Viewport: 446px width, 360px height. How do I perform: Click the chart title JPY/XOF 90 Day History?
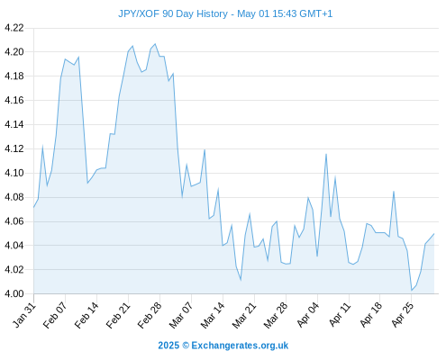[x=173, y=13]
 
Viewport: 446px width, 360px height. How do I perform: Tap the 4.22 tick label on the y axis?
[x=14, y=28]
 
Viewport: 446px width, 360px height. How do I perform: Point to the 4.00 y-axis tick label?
[x=14, y=293]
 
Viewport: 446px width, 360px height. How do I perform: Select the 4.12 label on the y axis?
[x=14, y=148]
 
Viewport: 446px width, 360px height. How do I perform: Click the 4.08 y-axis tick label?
[x=14, y=197]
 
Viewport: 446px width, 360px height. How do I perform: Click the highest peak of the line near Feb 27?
[x=155, y=44]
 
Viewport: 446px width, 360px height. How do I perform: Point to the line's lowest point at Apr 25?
[x=412, y=291]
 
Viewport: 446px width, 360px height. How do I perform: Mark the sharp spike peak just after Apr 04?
[x=326, y=154]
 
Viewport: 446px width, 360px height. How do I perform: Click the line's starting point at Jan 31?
[x=33, y=207]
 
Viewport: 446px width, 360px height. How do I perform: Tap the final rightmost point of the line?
[x=434, y=234]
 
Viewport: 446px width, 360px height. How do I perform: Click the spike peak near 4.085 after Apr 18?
[x=394, y=191]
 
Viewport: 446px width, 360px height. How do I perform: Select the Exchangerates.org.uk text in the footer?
[x=240, y=346]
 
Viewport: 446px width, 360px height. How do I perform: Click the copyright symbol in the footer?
[x=186, y=346]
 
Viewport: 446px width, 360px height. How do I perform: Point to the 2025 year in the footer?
[x=168, y=346]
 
